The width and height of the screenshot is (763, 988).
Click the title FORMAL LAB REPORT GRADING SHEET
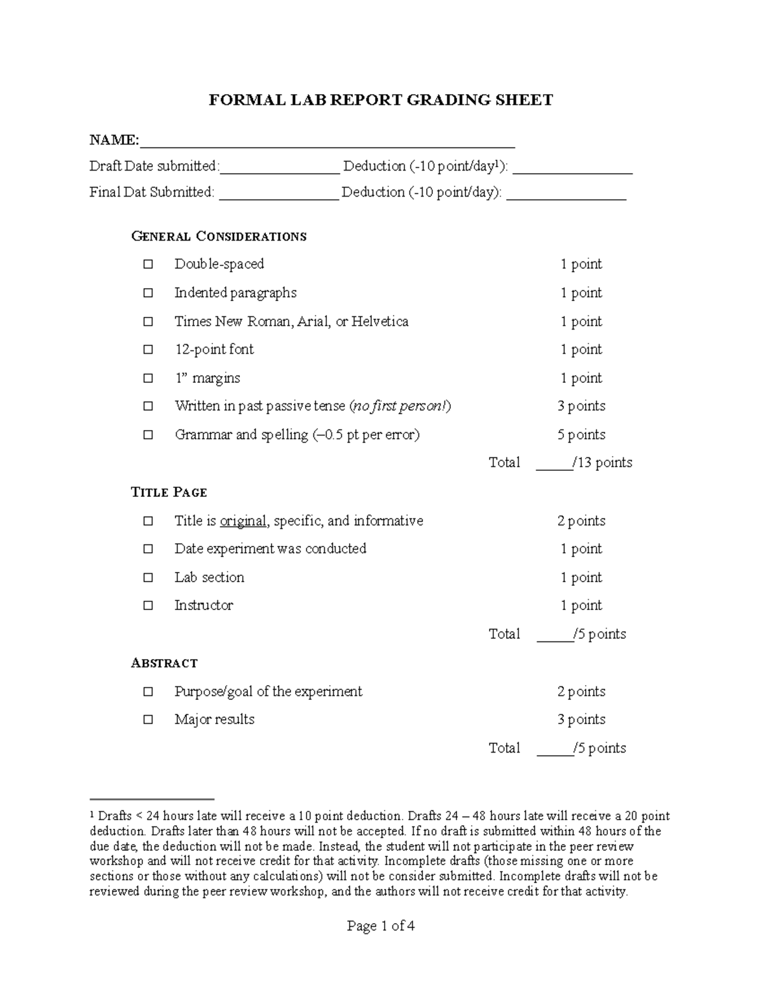381,100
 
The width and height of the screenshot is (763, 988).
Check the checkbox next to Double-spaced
148,264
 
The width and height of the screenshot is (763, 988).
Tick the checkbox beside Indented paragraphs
148,293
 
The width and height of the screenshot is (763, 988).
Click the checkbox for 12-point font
148,349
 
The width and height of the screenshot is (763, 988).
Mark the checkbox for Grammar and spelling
148,435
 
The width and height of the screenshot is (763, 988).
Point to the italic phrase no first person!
400,406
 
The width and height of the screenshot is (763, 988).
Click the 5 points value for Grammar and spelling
581,435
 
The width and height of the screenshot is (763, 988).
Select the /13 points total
602,463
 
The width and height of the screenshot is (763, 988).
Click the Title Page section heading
168,492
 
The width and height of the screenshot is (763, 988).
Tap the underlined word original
243,521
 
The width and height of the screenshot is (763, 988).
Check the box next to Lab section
148,578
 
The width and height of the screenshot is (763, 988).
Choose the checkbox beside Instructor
148,606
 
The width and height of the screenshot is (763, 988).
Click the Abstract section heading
164,663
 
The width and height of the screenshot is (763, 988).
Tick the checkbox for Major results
148,720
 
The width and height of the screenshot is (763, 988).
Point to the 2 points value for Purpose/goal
581,692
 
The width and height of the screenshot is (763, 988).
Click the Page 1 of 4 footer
381,926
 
